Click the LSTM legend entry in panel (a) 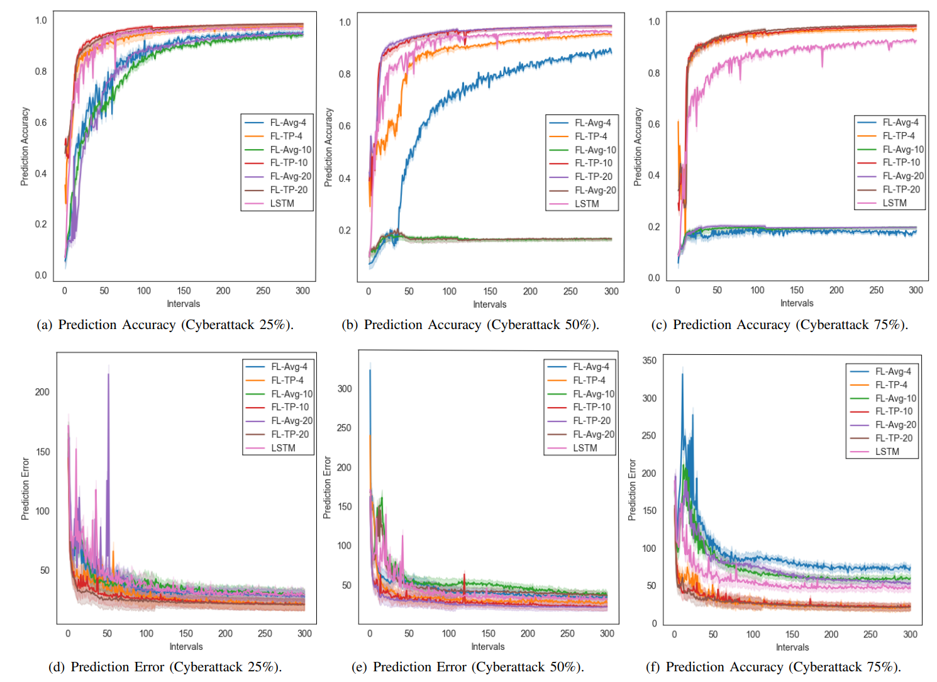tap(282, 203)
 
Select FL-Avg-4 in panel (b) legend tap(592, 123)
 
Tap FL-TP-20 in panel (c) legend tap(901, 189)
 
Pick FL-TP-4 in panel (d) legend tap(287, 380)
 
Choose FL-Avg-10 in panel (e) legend tap(594, 394)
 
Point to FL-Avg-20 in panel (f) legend tap(895, 425)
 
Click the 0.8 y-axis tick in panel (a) tap(41, 72)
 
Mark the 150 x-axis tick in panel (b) tap(490, 291)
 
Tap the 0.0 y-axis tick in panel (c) tap(654, 277)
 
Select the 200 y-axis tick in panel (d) tap(42, 392)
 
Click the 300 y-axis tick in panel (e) tap(345, 389)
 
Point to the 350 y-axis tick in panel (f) tap(650, 361)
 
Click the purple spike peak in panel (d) tap(108, 374)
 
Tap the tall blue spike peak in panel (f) tap(682, 375)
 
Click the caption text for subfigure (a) tap(165, 325)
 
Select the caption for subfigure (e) tap(467, 667)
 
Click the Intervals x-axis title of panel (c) tap(797, 303)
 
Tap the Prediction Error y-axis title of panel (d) tap(25, 489)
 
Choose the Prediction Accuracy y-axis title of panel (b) tap(328, 147)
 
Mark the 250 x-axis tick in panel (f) tap(870, 634)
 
